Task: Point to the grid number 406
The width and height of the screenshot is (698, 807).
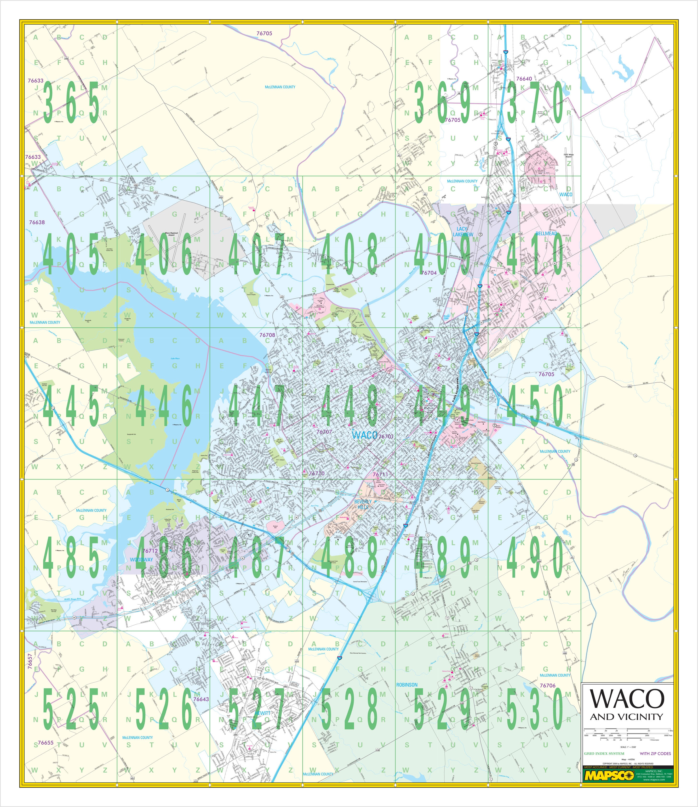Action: [164, 254]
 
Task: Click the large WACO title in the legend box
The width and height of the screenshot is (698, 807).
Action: [627, 699]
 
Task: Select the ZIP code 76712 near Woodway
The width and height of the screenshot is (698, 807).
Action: [150, 551]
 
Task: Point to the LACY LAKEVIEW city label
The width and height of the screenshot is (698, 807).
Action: [463, 232]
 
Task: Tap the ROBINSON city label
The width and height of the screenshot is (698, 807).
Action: [407, 684]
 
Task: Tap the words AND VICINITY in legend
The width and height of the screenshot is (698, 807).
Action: [627, 717]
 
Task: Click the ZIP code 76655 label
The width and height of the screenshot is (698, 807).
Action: [46, 743]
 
